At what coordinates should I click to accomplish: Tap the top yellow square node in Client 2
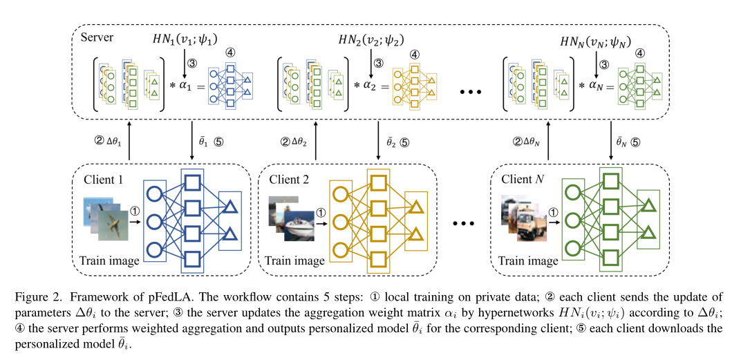tap(377, 183)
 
